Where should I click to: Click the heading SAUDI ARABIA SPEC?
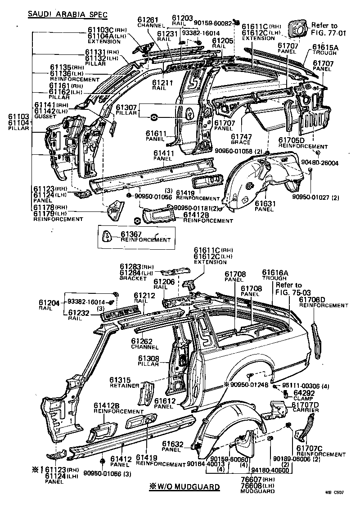coord(67,14)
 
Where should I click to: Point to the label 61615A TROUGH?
coord(325,49)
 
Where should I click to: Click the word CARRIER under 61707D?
coord(306,410)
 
